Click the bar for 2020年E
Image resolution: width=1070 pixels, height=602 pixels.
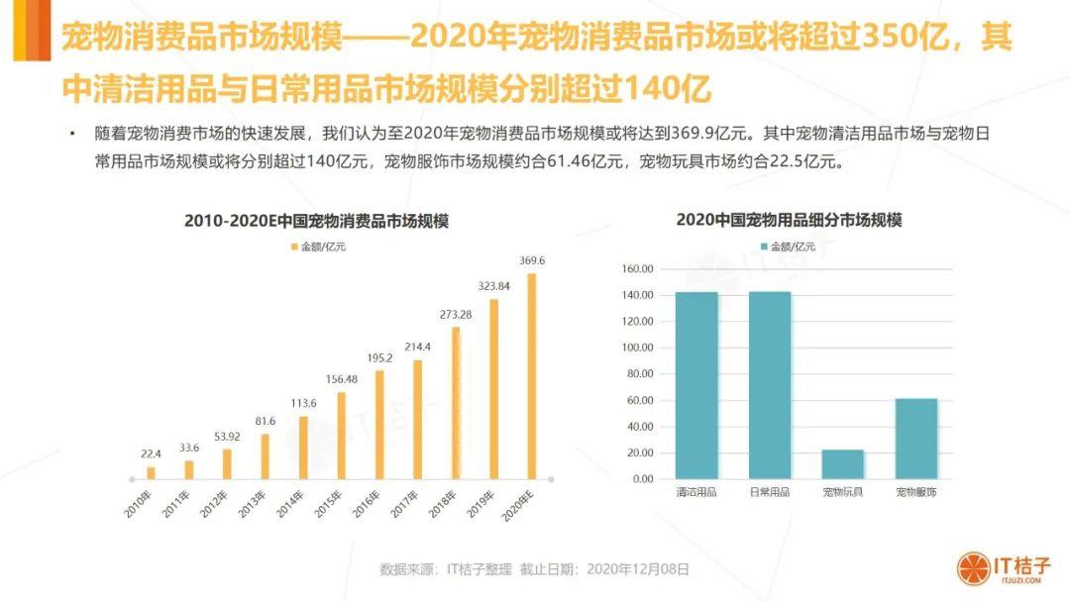(532, 376)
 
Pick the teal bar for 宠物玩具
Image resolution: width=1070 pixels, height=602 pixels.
(842, 464)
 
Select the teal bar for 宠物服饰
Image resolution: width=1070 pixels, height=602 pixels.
(916, 439)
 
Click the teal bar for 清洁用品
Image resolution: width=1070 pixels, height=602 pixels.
(696, 385)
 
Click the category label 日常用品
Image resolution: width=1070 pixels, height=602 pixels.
(769, 492)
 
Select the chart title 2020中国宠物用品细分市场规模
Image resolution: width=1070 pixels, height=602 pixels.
(789, 220)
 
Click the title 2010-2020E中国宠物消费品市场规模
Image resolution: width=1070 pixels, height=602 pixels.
(316, 222)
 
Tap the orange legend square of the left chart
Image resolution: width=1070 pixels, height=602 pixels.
(294, 247)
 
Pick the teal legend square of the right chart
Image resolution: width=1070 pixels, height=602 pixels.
(764, 247)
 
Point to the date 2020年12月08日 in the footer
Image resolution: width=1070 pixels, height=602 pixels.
(637, 569)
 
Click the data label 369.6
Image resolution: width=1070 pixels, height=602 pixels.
(532, 260)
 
